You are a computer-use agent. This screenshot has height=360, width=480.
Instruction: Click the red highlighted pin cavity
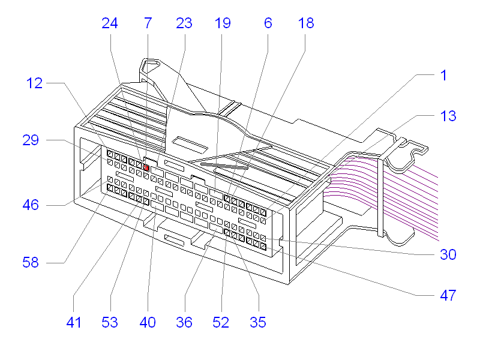[x=146, y=169]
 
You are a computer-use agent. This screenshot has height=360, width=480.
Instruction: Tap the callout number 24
[x=110, y=23]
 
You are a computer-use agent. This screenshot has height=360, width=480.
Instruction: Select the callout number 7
[x=148, y=23]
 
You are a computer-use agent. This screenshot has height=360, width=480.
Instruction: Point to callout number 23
[x=184, y=23]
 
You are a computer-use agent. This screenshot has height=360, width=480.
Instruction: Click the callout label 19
[x=222, y=23]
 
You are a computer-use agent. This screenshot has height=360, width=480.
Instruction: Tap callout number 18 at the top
[x=305, y=23]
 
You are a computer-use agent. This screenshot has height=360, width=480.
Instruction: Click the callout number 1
[x=443, y=76]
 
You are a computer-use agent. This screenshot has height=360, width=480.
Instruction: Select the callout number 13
[x=448, y=116]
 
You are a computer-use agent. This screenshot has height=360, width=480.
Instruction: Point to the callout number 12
[x=35, y=83]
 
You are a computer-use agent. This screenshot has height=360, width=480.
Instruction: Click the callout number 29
[x=31, y=140]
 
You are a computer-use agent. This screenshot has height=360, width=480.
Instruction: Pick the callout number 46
[x=31, y=205]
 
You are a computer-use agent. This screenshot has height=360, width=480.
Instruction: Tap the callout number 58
[x=31, y=262]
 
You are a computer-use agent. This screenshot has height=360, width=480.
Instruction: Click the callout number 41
[x=73, y=322]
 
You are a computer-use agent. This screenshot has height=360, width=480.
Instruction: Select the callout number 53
[x=110, y=322]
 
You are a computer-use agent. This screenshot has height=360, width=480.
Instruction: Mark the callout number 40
[x=148, y=322]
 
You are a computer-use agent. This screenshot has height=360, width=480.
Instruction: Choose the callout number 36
[x=184, y=322]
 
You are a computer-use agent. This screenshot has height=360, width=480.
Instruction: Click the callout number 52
[x=221, y=322]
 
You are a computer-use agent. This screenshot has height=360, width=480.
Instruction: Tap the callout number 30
[x=448, y=254]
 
